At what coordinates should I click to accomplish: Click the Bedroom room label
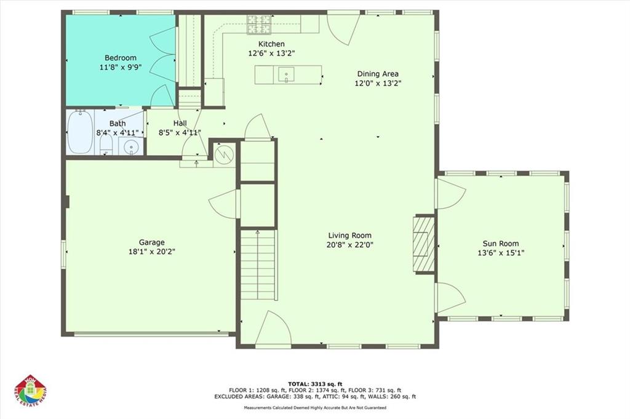point(120,58)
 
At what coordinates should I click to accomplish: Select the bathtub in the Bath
point(79,132)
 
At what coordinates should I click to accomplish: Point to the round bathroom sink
point(130,146)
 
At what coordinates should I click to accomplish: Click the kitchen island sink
point(286,75)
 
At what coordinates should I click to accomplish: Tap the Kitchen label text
point(271,44)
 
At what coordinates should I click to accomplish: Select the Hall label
point(180,124)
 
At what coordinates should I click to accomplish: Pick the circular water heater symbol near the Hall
point(224,153)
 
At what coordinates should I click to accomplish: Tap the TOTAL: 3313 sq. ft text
point(314,383)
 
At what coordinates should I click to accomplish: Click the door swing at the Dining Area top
point(342,28)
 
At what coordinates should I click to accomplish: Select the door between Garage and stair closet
point(225,204)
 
